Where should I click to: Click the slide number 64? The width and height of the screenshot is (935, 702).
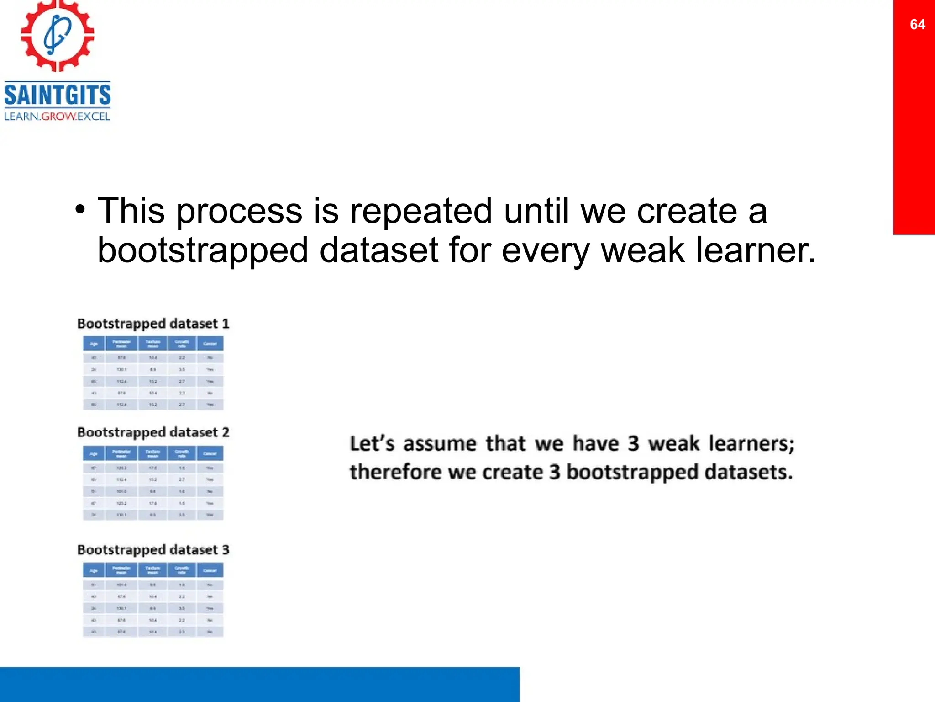(x=917, y=24)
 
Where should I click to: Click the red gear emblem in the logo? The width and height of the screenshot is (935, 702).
(x=58, y=35)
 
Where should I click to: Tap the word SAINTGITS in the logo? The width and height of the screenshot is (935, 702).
(x=58, y=95)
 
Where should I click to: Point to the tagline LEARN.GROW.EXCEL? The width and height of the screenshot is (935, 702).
(x=58, y=117)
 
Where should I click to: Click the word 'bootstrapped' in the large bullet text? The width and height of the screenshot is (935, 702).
(x=203, y=250)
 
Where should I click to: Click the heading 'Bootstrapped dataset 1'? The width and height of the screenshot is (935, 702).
(x=153, y=324)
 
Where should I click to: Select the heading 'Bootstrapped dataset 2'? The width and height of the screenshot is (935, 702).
(x=153, y=432)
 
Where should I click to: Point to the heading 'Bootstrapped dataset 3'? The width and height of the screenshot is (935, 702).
(x=153, y=550)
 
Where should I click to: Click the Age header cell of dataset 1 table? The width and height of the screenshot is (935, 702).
(x=94, y=344)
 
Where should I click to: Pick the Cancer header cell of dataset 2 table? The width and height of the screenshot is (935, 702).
(x=210, y=453)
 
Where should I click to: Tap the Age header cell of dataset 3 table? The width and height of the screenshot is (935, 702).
(x=94, y=570)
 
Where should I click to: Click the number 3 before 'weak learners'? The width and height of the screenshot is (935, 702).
(x=633, y=443)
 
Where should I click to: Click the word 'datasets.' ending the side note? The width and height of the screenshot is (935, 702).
(x=748, y=472)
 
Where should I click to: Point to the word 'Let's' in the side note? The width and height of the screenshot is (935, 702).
(x=372, y=443)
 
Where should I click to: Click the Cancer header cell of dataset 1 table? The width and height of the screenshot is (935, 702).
(x=210, y=344)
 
